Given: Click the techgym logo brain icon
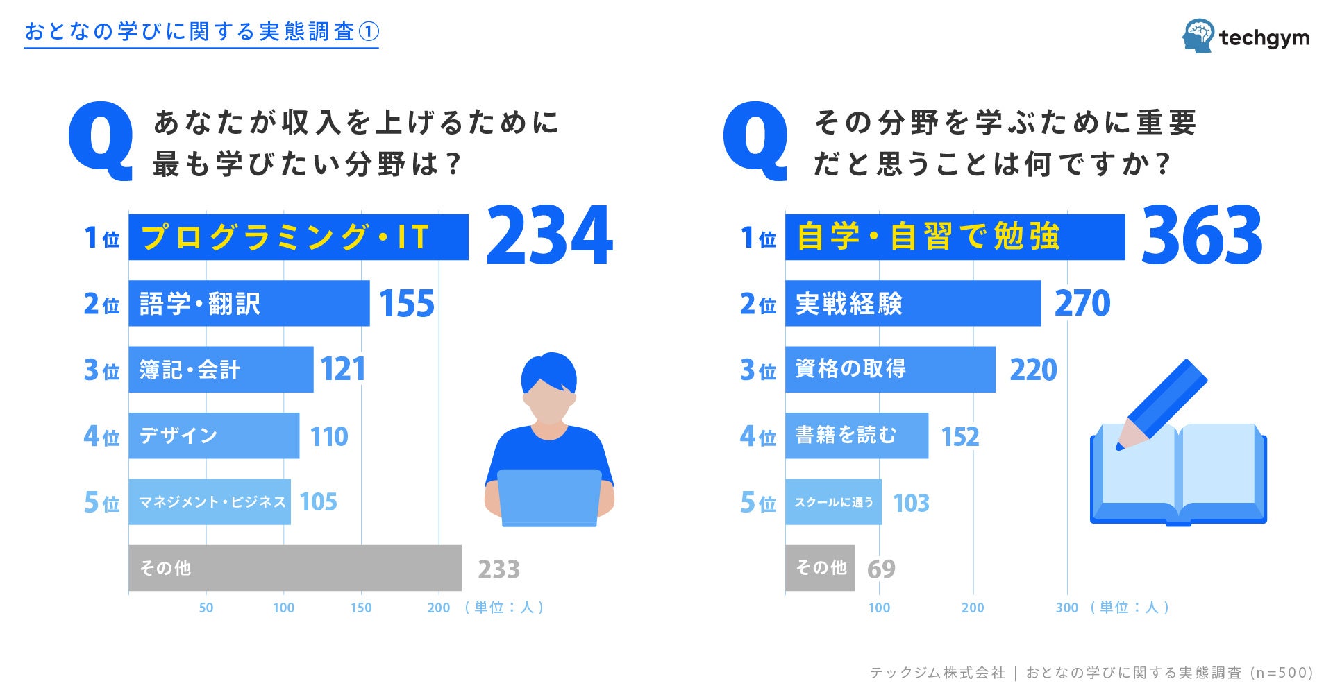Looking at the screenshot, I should click(1198, 35).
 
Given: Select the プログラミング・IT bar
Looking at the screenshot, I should click(298, 237).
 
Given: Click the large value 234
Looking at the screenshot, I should click(549, 236).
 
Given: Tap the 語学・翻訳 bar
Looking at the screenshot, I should click(249, 303).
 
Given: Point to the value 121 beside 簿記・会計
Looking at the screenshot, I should click(343, 370).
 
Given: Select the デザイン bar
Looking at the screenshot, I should click(214, 436).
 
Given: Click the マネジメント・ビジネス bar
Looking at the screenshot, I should click(210, 501).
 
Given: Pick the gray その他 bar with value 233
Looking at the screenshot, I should click(294, 568).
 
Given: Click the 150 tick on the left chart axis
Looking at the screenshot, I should click(361, 608).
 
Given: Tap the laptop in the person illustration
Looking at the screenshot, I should click(548, 497).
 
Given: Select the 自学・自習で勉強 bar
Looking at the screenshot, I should click(954, 237).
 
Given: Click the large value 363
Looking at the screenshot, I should click(1201, 236).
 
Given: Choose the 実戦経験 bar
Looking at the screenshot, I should click(912, 303).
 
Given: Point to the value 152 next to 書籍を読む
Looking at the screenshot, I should click(959, 436).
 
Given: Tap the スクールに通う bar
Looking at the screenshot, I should click(833, 501).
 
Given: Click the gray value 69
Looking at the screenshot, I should click(881, 569).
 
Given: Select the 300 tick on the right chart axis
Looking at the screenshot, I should click(1066, 608).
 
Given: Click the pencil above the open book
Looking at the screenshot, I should click(1163, 403).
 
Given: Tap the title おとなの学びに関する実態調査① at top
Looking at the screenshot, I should click(201, 32).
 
